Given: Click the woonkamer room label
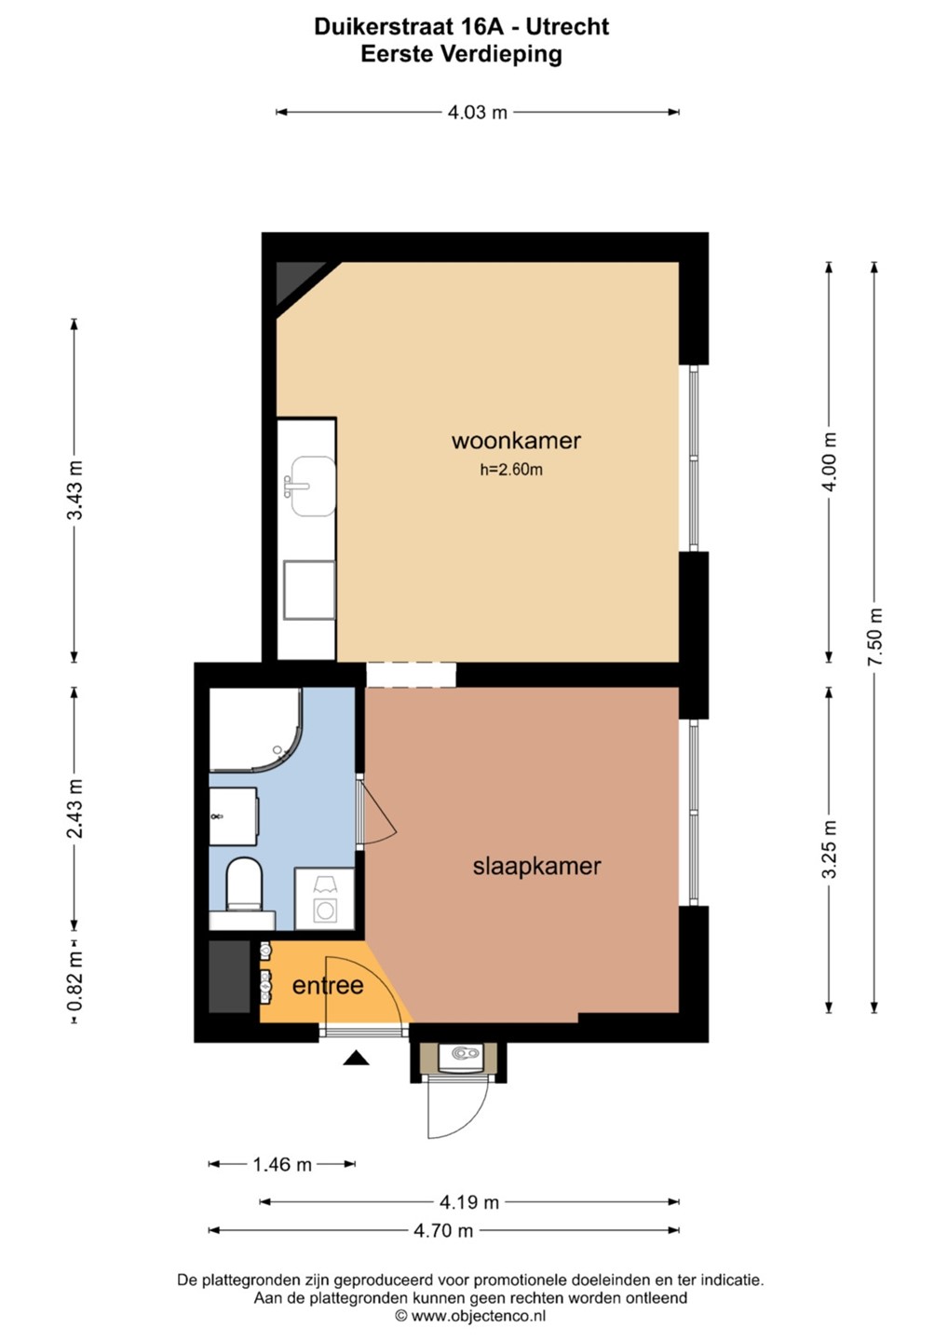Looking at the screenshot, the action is click(516, 441).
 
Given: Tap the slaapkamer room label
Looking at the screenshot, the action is click(536, 867).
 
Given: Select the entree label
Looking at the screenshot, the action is click(328, 986).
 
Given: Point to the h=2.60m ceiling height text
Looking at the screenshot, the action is click(511, 470).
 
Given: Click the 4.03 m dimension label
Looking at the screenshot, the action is click(478, 112).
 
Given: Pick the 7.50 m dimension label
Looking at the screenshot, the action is click(875, 637).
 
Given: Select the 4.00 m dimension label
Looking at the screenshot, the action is click(830, 462).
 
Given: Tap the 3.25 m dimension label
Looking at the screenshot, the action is click(830, 850).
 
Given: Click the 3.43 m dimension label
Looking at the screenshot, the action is click(75, 490).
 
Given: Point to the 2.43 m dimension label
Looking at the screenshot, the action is click(75, 809).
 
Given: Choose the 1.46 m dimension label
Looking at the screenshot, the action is click(282, 1165).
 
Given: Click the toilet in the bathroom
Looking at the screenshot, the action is click(244, 884).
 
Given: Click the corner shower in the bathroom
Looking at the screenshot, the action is click(255, 729).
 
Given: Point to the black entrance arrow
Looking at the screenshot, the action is click(356, 1058).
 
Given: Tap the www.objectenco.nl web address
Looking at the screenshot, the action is click(478, 1316).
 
